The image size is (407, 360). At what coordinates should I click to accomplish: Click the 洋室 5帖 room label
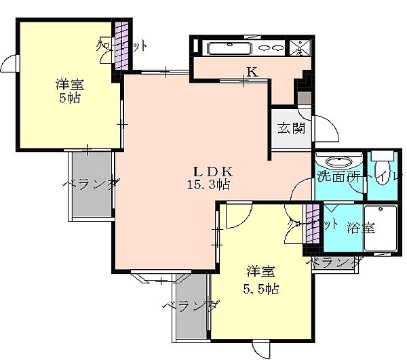69,90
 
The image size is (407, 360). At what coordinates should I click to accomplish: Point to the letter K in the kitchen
252,71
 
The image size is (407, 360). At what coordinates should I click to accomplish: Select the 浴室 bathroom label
360,227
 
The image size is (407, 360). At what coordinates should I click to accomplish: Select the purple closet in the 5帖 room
121,45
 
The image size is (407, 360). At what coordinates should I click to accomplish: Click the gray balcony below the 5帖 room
91,184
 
